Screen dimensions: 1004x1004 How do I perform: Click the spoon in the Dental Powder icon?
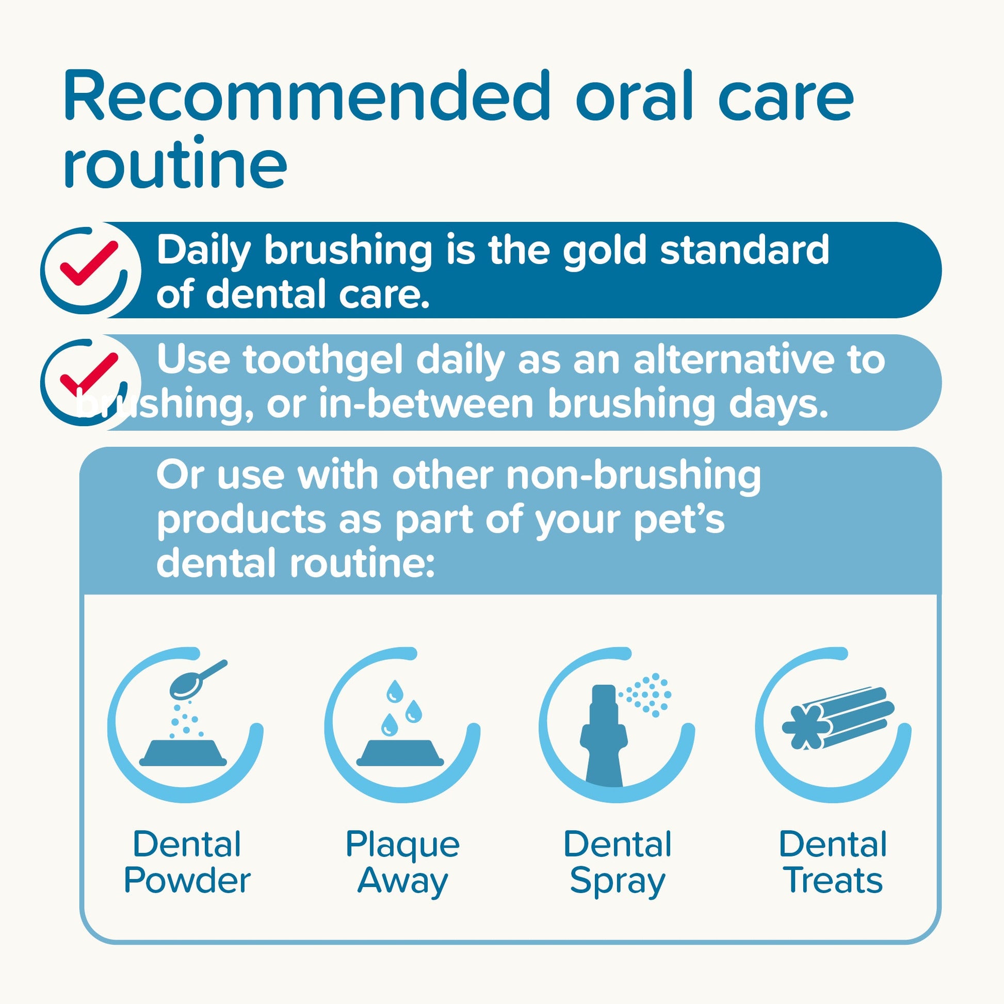198,679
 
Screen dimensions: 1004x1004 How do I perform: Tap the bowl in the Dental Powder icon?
183,753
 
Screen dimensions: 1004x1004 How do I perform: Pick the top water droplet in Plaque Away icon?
394,691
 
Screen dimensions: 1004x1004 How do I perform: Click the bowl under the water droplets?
400,753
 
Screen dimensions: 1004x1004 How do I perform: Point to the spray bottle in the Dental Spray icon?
604,737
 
